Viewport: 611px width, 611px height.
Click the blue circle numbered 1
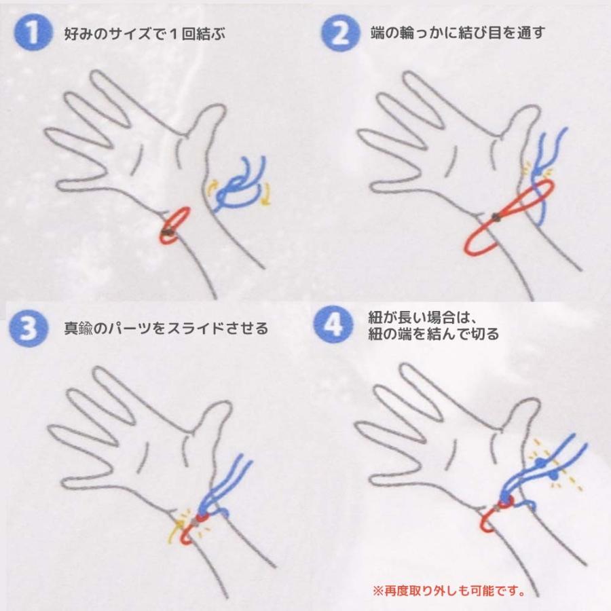click(29, 34)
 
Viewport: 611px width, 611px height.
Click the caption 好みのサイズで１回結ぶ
click(144, 34)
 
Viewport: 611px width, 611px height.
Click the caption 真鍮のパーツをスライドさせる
click(166, 329)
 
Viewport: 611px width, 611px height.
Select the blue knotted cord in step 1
click(241, 183)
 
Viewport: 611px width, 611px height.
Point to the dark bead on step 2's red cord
click(496, 217)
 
